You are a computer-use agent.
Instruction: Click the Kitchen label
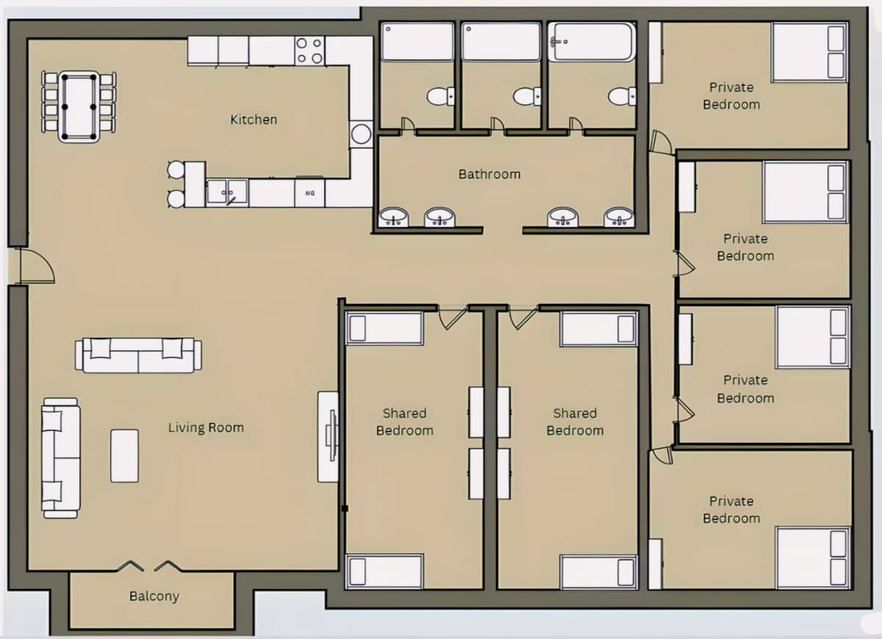[x=254, y=120]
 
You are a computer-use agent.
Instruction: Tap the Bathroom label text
[x=490, y=174]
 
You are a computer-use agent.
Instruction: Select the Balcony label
[x=154, y=596]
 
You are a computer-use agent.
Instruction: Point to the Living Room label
[x=206, y=427]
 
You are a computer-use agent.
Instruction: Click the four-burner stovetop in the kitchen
[x=309, y=51]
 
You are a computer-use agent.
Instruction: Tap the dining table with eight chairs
[x=79, y=106]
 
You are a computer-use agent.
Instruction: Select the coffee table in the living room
[x=124, y=455]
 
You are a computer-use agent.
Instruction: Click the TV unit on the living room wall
[x=329, y=436]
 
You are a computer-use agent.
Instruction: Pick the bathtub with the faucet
[x=592, y=42]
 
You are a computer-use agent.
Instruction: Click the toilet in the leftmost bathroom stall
[x=440, y=96]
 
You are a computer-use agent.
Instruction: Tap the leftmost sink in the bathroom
[x=393, y=217]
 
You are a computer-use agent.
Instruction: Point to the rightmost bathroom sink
[x=620, y=217]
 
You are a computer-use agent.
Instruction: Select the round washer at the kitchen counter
[x=361, y=134]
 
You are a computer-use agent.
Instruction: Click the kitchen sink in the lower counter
[x=227, y=192]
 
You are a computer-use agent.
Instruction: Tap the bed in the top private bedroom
[x=809, y=52]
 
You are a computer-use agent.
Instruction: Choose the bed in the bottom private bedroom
[x=814, y=558]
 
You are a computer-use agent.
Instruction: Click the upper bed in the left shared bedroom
[x=384, y=328]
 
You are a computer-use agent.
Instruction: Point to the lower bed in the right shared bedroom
[x=598, y=572]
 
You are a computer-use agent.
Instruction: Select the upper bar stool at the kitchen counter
[x=176, y=170]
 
